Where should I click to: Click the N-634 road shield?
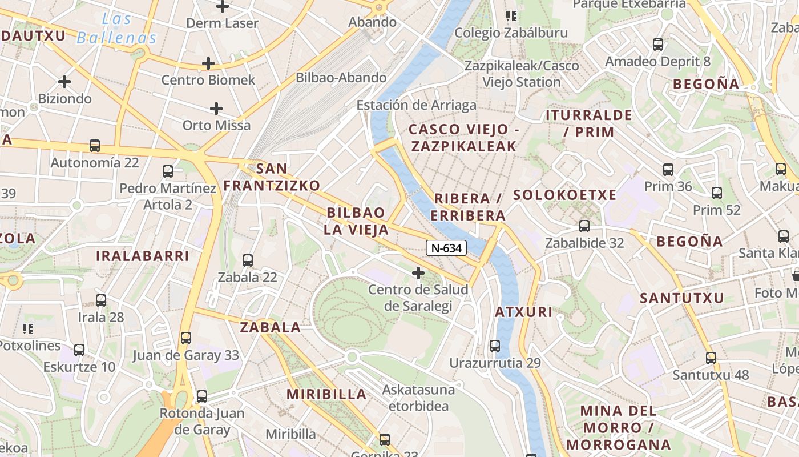click(446, 248)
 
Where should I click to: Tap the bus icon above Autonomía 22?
click(95, 146)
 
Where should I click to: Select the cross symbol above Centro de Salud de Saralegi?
click(418, 273)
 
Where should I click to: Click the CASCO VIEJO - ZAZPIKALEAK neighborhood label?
click(463, 138)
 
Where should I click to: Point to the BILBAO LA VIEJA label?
click(357, 221)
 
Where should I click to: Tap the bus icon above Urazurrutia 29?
click(495, 346)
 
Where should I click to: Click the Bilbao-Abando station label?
click(341, 78)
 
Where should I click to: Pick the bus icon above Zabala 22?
click(248, 260)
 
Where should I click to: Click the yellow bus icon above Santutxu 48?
click(711, 358)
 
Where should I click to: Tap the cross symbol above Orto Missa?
click(216, 108)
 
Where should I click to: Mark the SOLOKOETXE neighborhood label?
click(564, 195)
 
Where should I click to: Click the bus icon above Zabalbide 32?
click(584, 226)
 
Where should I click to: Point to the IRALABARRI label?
click(142, 256)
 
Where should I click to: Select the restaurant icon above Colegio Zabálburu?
click(511, 16)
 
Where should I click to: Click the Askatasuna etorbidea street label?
click(419, 398)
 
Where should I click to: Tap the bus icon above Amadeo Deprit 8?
click(658, 45)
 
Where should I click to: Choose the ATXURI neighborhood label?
click(523, 312)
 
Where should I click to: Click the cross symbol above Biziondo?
click(64, 82)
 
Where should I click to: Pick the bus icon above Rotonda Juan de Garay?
click(202, 396)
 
